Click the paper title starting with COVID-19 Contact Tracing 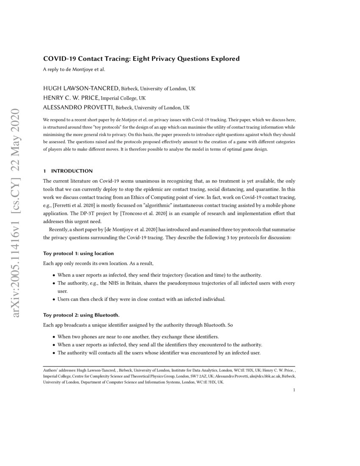coord(141,58)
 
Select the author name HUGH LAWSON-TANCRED coord(81,89)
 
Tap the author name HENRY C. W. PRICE coord(71,98)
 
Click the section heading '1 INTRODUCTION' coord(68,171)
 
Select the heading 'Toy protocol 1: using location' coord(78,253)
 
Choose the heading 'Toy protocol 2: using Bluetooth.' coord(81,315)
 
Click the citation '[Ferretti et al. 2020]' coord(73,205)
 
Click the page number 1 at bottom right coord(294,390)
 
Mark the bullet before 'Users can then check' coord(53,300)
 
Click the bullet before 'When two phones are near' coord(53,336)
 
